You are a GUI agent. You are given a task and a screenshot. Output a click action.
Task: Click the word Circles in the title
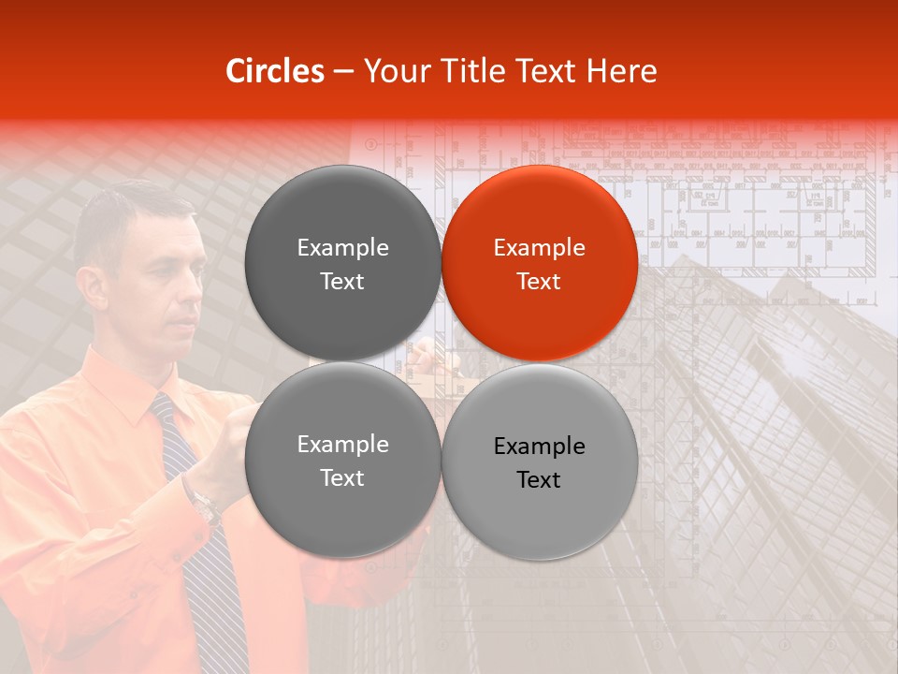[x=274, y=71]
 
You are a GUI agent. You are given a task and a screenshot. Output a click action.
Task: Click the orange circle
[x=540, y=263]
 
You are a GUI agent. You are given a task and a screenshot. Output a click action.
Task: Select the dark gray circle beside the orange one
[x=342, y=263]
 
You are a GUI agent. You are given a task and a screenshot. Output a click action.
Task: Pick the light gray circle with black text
[x=540, y=462]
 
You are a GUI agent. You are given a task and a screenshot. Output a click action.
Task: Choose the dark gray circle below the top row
[x=342, y=460]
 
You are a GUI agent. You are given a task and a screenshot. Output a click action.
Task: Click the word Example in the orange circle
[x=540, y=247]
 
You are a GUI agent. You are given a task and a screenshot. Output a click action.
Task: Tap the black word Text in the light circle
[x=539, y=480]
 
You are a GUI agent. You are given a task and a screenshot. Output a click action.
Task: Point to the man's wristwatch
[x=204, y=505]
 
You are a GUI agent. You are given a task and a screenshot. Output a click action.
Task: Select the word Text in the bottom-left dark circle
[x=342, y=477]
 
